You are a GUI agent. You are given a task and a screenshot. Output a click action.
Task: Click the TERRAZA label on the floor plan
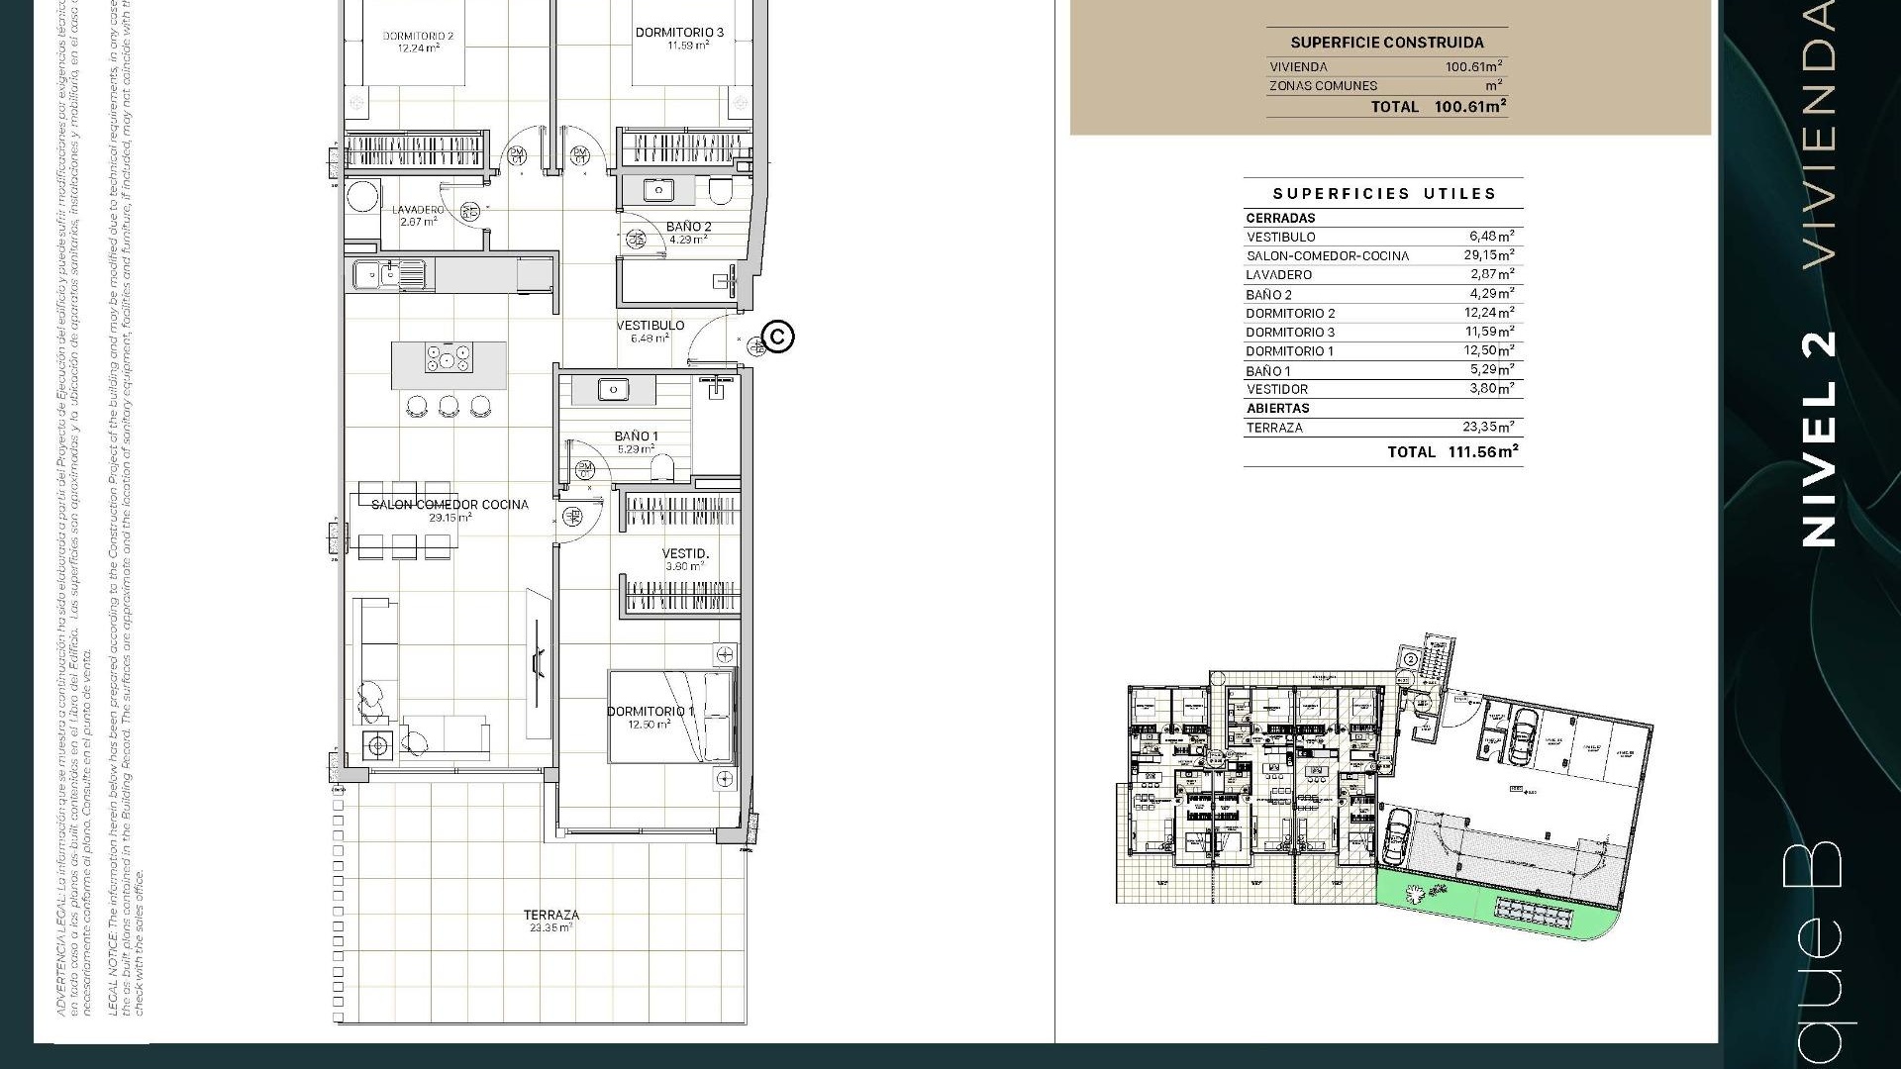pyautogui.click(x=551, y=916)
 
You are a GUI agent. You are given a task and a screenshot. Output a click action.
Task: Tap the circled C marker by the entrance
pyautogui.click(x=779, y=337)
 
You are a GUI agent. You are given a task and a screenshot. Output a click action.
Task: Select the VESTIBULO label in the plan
pyautogui.click(x=650, y=326)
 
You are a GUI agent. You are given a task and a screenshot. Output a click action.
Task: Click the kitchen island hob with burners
pyautogui.click(x=449, y=358)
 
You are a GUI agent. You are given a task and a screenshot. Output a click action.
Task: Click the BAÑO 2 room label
pyautogui.click(x=688, y=227)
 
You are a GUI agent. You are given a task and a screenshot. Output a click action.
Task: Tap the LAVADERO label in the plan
pyautogui.click(x=418, y=210)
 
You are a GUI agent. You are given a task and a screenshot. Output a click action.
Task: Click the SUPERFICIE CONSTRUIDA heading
pyautogui.click(x=1386, y=43)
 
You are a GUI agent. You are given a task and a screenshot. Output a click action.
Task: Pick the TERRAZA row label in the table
pyautogui.click(x=1274, y=428)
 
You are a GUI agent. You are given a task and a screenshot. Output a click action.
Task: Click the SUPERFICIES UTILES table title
pyautogui.click(x=1384, y=194)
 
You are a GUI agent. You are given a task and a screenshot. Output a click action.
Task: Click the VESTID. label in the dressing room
pyautogui.click(x=685, y=553)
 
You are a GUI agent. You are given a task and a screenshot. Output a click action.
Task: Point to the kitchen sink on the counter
pyautogui.click(x=375, y=274)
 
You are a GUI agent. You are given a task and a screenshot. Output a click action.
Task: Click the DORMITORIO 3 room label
pyautogui.click(x=679, y=33)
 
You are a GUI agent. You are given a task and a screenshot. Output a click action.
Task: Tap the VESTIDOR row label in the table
pyautogui.click(x=1276, y=389)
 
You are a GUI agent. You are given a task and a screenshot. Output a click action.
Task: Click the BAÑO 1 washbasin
pyautogui.click(x=613, y=390)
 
